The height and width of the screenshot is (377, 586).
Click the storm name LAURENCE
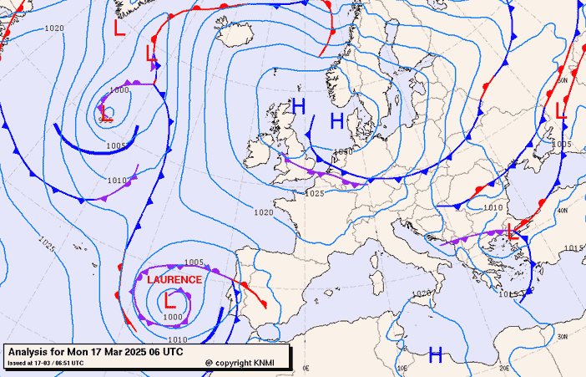[174, 279]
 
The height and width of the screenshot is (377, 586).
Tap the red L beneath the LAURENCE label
[169, 298]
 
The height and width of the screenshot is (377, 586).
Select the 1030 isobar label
[342, 152]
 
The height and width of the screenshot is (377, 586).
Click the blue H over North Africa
[435, 354]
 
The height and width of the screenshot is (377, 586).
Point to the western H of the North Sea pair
[299, 105]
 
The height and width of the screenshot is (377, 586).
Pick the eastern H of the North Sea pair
[337, 121]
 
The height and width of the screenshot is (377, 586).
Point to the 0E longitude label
[306, 368]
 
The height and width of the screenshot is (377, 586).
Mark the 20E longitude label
[504, 368]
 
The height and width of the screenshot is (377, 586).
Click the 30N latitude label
[563, 337]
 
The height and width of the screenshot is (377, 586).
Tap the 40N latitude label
[563, 211]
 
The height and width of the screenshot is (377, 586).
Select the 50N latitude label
[562, 80]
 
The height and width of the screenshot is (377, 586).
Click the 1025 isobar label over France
[314, 193]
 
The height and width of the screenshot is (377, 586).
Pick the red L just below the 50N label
[561, 110]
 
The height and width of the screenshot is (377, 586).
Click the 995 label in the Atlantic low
[104, 120]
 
